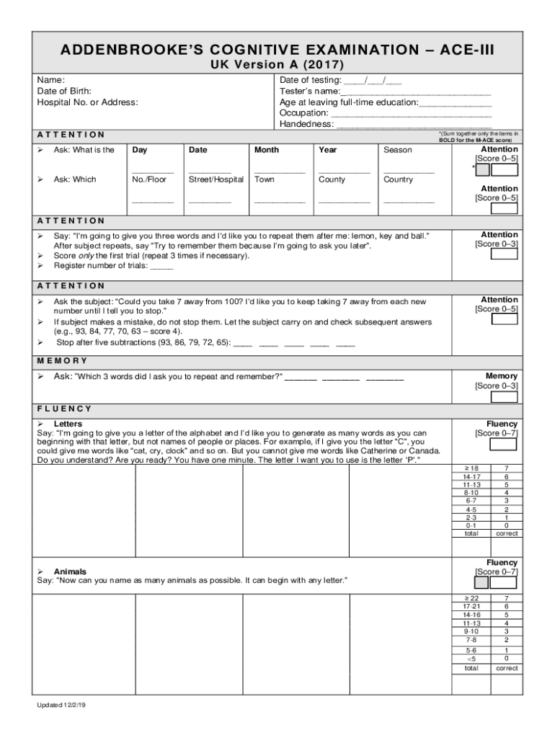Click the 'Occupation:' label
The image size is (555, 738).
click(303, 113)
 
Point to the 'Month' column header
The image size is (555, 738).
click(267, 150)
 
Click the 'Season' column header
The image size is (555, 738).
click(398, 150)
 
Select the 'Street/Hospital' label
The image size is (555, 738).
click(216, 179)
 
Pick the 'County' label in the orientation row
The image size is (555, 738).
click(332, 179)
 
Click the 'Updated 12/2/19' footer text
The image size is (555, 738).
click(62, 705)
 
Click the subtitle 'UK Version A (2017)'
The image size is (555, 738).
click(277, 65)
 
